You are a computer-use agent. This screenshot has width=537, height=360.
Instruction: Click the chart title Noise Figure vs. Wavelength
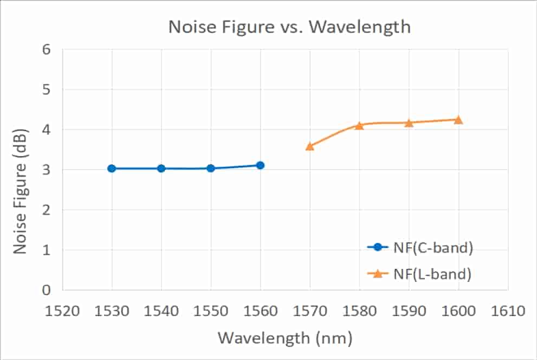pos(289,27)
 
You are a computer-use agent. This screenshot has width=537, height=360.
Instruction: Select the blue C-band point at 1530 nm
pos(112,169)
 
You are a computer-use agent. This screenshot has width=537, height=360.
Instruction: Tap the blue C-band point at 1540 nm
pos(161,169)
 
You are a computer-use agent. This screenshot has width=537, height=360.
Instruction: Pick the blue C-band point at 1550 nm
pos(211,169)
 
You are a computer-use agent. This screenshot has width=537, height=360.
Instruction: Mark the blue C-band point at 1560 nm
pos(260,165)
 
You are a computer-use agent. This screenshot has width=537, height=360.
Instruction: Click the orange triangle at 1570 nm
pos(309,146)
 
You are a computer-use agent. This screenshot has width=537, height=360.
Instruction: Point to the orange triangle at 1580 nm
pos(359,126)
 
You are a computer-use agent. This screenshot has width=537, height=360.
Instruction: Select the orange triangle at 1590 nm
pos(409,123)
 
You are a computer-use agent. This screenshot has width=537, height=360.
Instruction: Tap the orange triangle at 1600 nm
pos(458,120)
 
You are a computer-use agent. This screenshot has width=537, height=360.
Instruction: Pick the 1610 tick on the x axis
pos(507,312)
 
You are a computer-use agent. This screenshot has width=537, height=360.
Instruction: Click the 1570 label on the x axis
pos(309,312)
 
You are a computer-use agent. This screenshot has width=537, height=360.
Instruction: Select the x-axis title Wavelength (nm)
pos(285,339)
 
